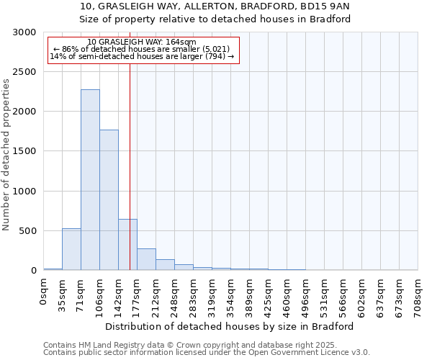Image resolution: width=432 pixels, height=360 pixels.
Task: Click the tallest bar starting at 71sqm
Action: click(x=90, y=180)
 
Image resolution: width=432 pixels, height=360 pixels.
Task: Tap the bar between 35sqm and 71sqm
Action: click(x=71, y=249)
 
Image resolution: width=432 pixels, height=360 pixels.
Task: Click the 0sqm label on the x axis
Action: click(x=44, y=292)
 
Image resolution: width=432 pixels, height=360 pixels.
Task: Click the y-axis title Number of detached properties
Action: click(x=6, y=155)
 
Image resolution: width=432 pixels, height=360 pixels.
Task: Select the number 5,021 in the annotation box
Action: click(x=214, y=49)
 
